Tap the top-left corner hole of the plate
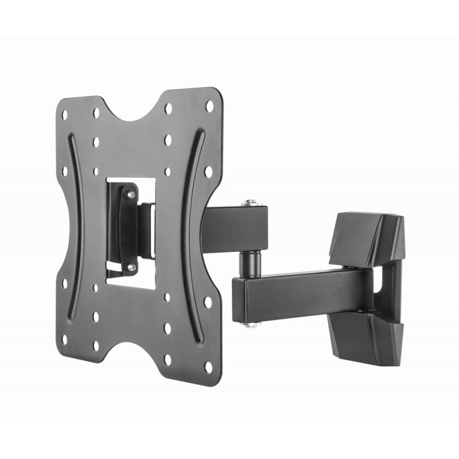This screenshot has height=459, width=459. pos(65,115)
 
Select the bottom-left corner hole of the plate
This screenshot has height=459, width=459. pos(64,339)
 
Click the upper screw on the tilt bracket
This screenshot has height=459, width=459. pos(131,196)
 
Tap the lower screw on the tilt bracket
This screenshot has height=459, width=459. pos(131,266)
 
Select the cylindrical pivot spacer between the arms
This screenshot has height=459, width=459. pos(248,260)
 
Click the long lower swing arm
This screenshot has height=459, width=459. pos(298,290)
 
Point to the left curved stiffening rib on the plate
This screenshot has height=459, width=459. pos(80,229)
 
